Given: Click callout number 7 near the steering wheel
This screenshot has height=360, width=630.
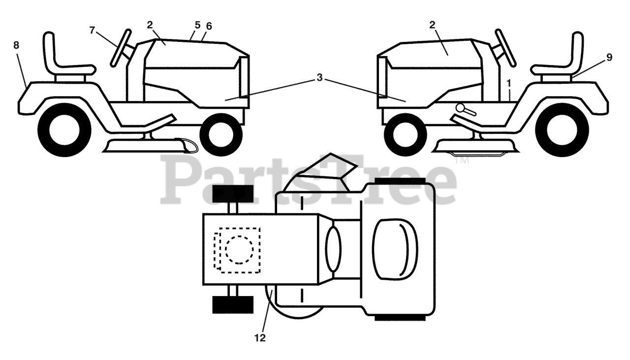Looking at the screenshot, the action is (93, 30).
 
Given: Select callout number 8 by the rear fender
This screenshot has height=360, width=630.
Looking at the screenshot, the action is (16, 45).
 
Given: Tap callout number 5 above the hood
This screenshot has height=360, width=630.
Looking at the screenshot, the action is (197, 24).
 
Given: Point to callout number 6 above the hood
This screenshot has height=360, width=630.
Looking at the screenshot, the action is (209, 25).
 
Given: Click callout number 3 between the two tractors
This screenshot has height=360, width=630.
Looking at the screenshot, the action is (319, 78).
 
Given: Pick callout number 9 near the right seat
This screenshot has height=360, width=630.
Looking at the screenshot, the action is (609, 57).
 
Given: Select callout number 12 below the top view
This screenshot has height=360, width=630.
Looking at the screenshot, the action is (260, 338).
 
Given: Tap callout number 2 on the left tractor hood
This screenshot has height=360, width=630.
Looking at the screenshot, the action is (150, 25).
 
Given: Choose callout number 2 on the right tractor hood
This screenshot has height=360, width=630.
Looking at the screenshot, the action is (433, 25).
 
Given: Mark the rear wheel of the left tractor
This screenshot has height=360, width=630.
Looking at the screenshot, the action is (64, 131).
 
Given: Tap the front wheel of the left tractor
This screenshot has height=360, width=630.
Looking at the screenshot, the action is (221, 134).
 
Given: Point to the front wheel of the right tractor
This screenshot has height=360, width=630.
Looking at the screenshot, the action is (405, 134).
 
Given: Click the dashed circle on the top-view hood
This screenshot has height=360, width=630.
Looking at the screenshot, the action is (239, 250).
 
